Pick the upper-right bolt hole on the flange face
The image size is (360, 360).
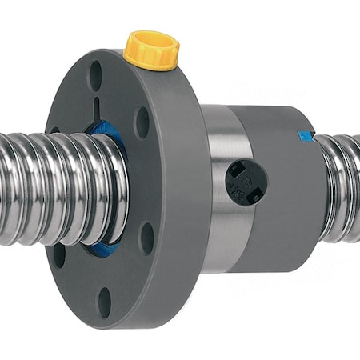click(142, 121)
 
